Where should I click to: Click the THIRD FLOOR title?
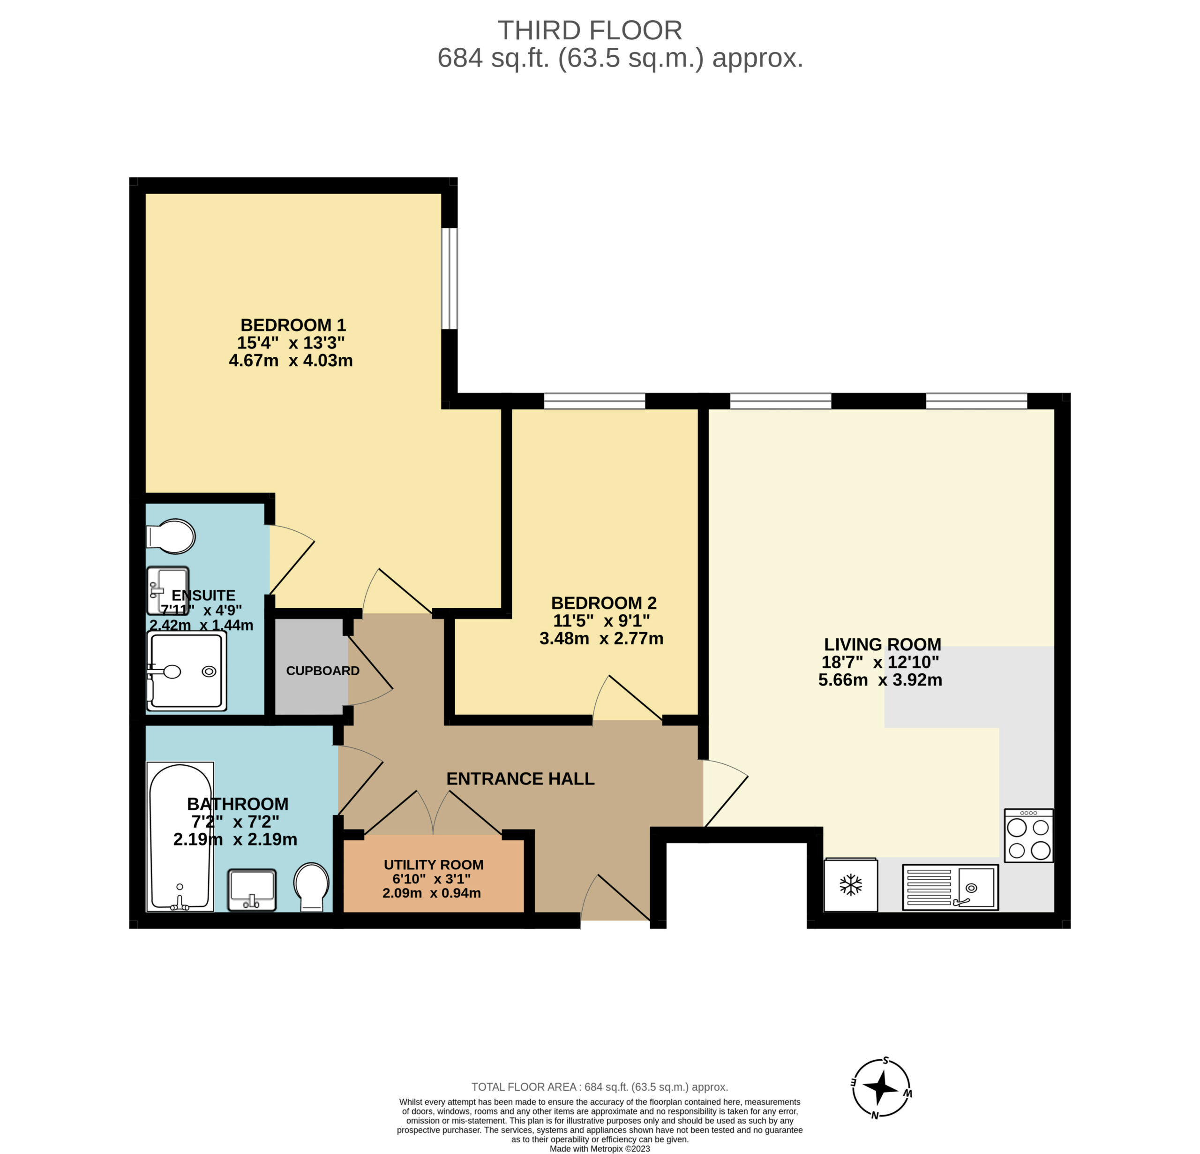click(x=590, y=30)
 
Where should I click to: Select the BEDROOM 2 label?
click(x=604, y=603)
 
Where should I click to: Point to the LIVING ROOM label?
click(x=882, y=644)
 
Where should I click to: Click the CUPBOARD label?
click(x=322, y=671)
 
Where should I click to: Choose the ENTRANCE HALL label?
click(x=520, y=778)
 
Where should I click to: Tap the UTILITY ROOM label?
click(x=434, y=865)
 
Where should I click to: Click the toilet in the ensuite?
click(x=170, y=536)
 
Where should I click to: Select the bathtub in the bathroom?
click(x=180, y=837)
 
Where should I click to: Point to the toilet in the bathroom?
click(x=312, y=888)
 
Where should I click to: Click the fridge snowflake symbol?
click(x=850, y=884)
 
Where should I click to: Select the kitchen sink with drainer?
click(x=950, y=887)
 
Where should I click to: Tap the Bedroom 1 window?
click(x=450, y=279)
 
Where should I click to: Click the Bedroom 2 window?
click(x=594, y=401)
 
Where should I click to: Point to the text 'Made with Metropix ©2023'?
click(x=600, y=1148)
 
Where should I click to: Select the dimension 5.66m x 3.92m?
click(x=880, y=680)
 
